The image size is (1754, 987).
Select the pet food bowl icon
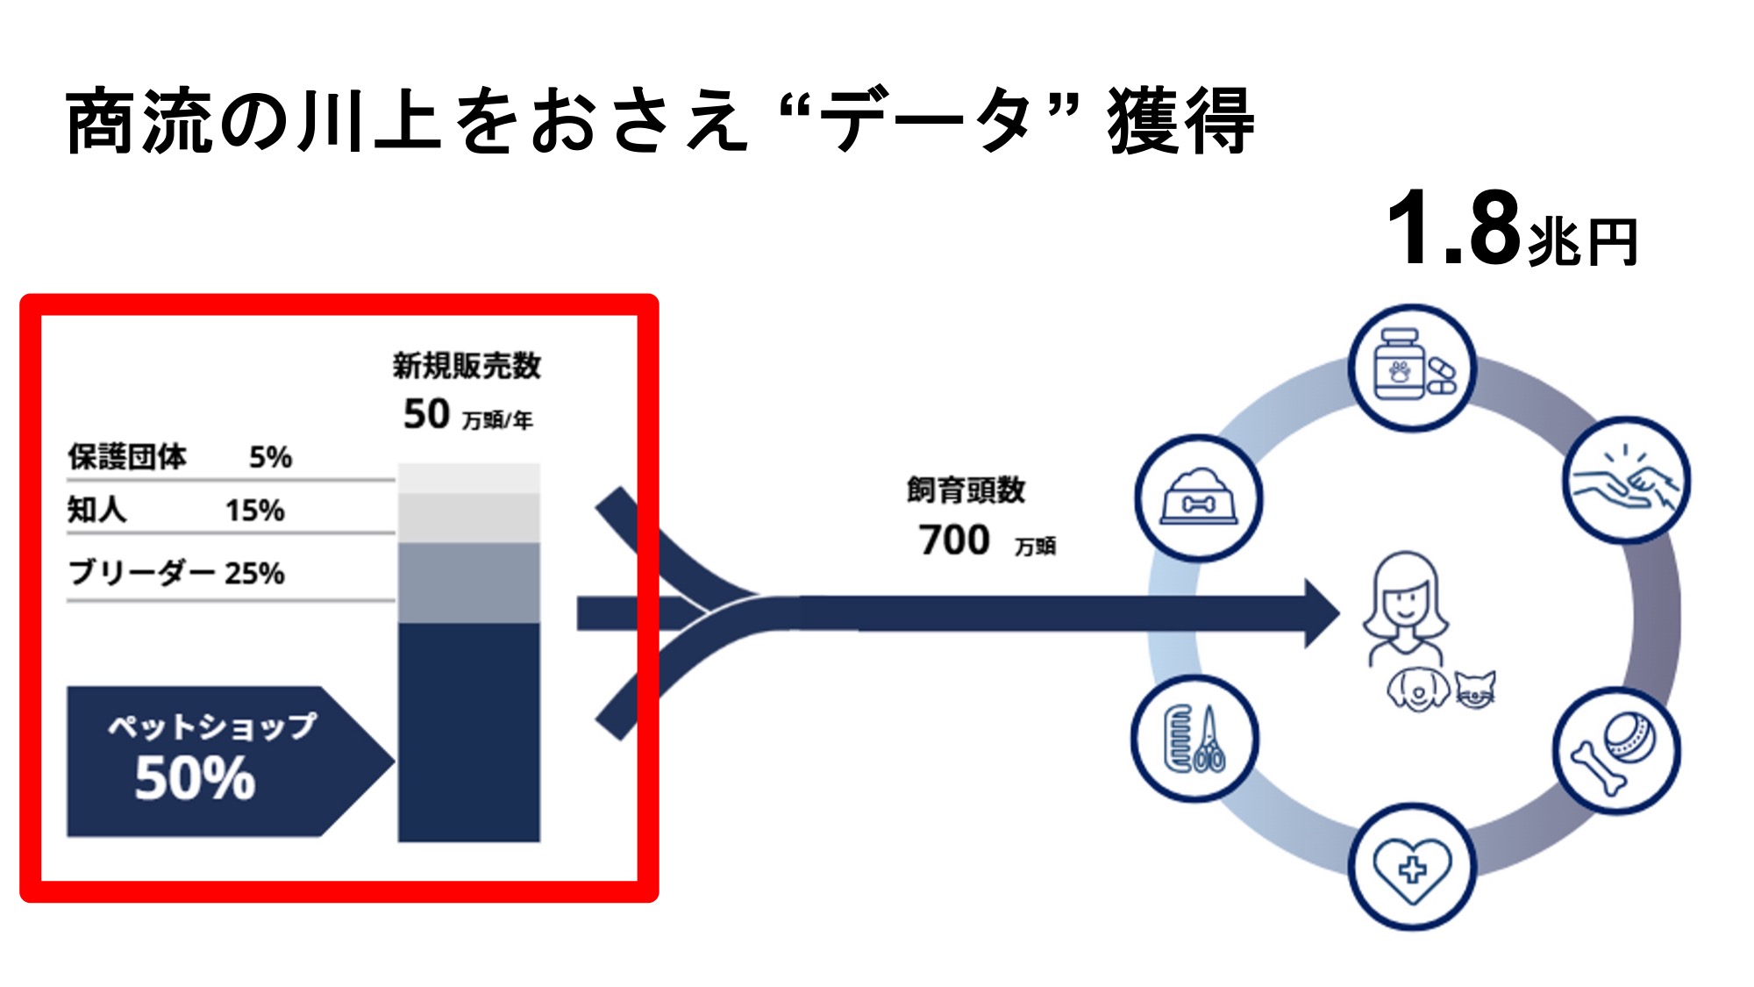click(1198, 498)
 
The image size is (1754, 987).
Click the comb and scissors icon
click(1194, 739)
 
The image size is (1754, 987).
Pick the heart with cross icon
click(1412, 867)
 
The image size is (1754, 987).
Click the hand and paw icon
click(1626, 481)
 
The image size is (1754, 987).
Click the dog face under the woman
click(1418, 690)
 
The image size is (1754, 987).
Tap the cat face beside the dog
click(1475, 689)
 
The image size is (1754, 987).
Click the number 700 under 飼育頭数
click(954, 540)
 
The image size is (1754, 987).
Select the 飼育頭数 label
click(966, 490)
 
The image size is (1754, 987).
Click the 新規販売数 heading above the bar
click(467, 366)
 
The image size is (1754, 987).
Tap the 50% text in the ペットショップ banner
click(195, 778)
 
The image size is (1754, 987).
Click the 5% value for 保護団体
click(270, 457)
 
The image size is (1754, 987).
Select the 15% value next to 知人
click(254, 511)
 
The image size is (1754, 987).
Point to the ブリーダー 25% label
click(176, 573)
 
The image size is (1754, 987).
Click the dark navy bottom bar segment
click(469, 733)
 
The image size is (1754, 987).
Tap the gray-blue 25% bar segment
click(469, 583)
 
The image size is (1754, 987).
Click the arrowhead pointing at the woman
click(1320, 613)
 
